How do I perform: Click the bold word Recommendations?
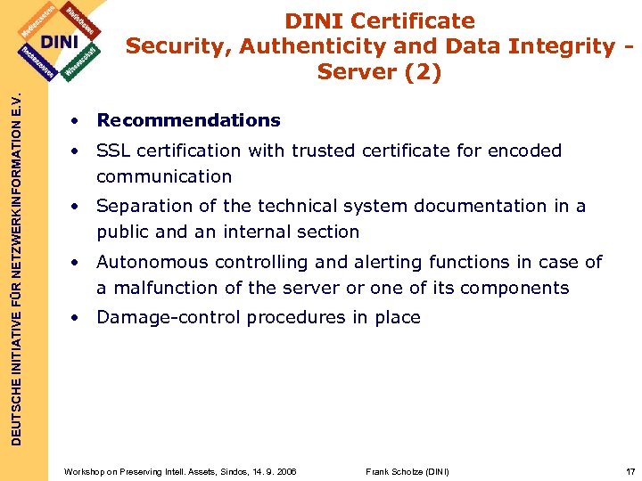pos(188,120)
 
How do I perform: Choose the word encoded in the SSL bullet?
pos(525,151)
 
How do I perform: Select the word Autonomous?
pos(150,262)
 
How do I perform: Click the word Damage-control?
pos(168,317)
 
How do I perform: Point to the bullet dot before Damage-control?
pos(78,318)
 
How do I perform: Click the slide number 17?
pos(630,470)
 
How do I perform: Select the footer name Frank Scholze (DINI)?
pos(407,470)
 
